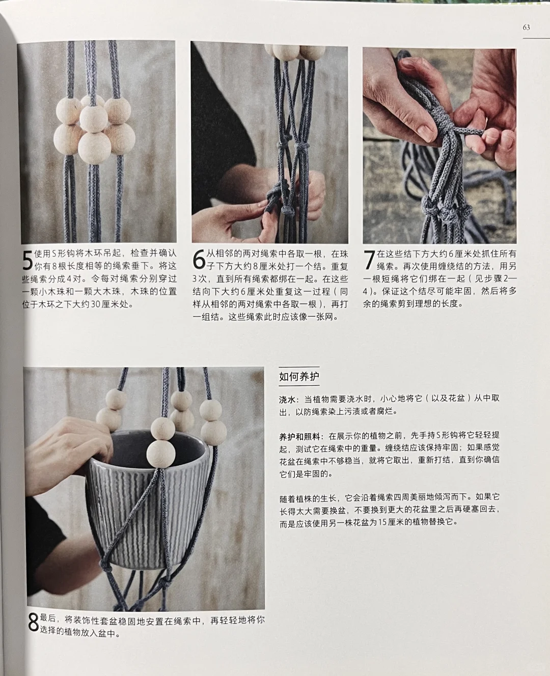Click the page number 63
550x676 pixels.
click(x=526, y=27)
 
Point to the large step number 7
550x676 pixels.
click(x=369, y=261)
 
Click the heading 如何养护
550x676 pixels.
click(x=299, y=377)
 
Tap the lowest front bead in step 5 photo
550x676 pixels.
click(x=95, y=147)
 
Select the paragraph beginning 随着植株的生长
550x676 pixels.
click(x=390, y=509)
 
